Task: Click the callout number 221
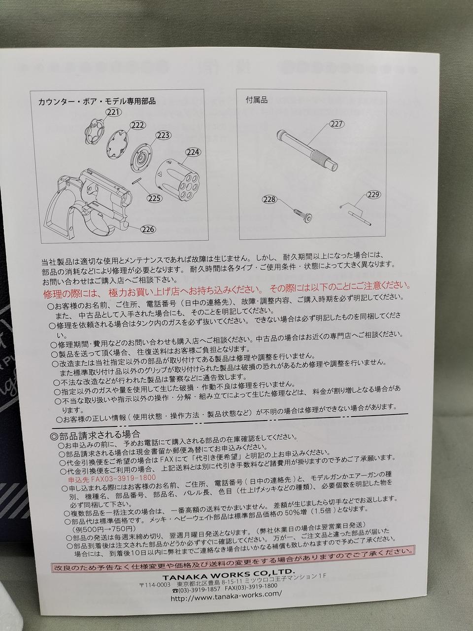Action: [114, 112]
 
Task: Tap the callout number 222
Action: [138, 125]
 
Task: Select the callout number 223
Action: [163, 135]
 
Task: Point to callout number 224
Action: [193, 152]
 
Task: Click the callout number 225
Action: [155, 198]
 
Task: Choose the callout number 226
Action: [148, 229]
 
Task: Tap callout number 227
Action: [336, 124]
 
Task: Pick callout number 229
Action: [373, 195]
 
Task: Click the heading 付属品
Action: [257, 101]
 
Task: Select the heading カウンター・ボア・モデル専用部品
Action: [97, 101]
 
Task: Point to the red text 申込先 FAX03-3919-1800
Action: [112, 478]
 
